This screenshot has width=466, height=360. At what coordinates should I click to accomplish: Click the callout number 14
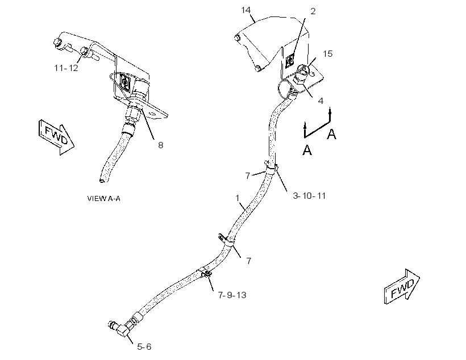click(246, 10)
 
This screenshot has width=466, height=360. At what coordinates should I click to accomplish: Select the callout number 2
click(313, 11)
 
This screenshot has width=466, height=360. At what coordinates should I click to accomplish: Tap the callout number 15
click(327, 54)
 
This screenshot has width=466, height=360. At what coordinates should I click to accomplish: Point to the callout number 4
click(321, 101)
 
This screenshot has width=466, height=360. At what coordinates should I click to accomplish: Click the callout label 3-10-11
click(309, 196)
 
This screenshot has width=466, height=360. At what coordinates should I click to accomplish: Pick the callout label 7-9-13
click(232, 295)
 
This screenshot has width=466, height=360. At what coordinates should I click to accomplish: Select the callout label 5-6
click(144, 346)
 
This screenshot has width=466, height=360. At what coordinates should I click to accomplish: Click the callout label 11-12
click(66, 68)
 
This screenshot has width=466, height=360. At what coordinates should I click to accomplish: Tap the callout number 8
click(160, 145)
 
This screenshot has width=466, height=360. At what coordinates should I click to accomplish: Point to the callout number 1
click(237, 198)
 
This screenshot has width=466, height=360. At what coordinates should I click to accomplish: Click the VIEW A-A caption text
click(104, 198)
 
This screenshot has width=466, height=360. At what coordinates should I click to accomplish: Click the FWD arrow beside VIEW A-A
click(56, 137)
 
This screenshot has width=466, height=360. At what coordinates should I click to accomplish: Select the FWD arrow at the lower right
click(402, 287)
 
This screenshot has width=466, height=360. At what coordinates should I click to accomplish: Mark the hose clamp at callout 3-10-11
click(271, 169)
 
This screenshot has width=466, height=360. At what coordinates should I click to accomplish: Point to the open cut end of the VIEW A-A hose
click(102, 179)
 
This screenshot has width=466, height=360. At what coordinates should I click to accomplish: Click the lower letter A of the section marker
click(307, 150)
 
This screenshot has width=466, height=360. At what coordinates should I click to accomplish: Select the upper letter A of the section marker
click(331, 134)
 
